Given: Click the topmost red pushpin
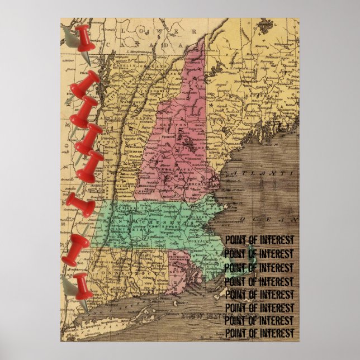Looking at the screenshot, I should (83, 39).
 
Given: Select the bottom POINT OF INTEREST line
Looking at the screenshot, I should (259, 334).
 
